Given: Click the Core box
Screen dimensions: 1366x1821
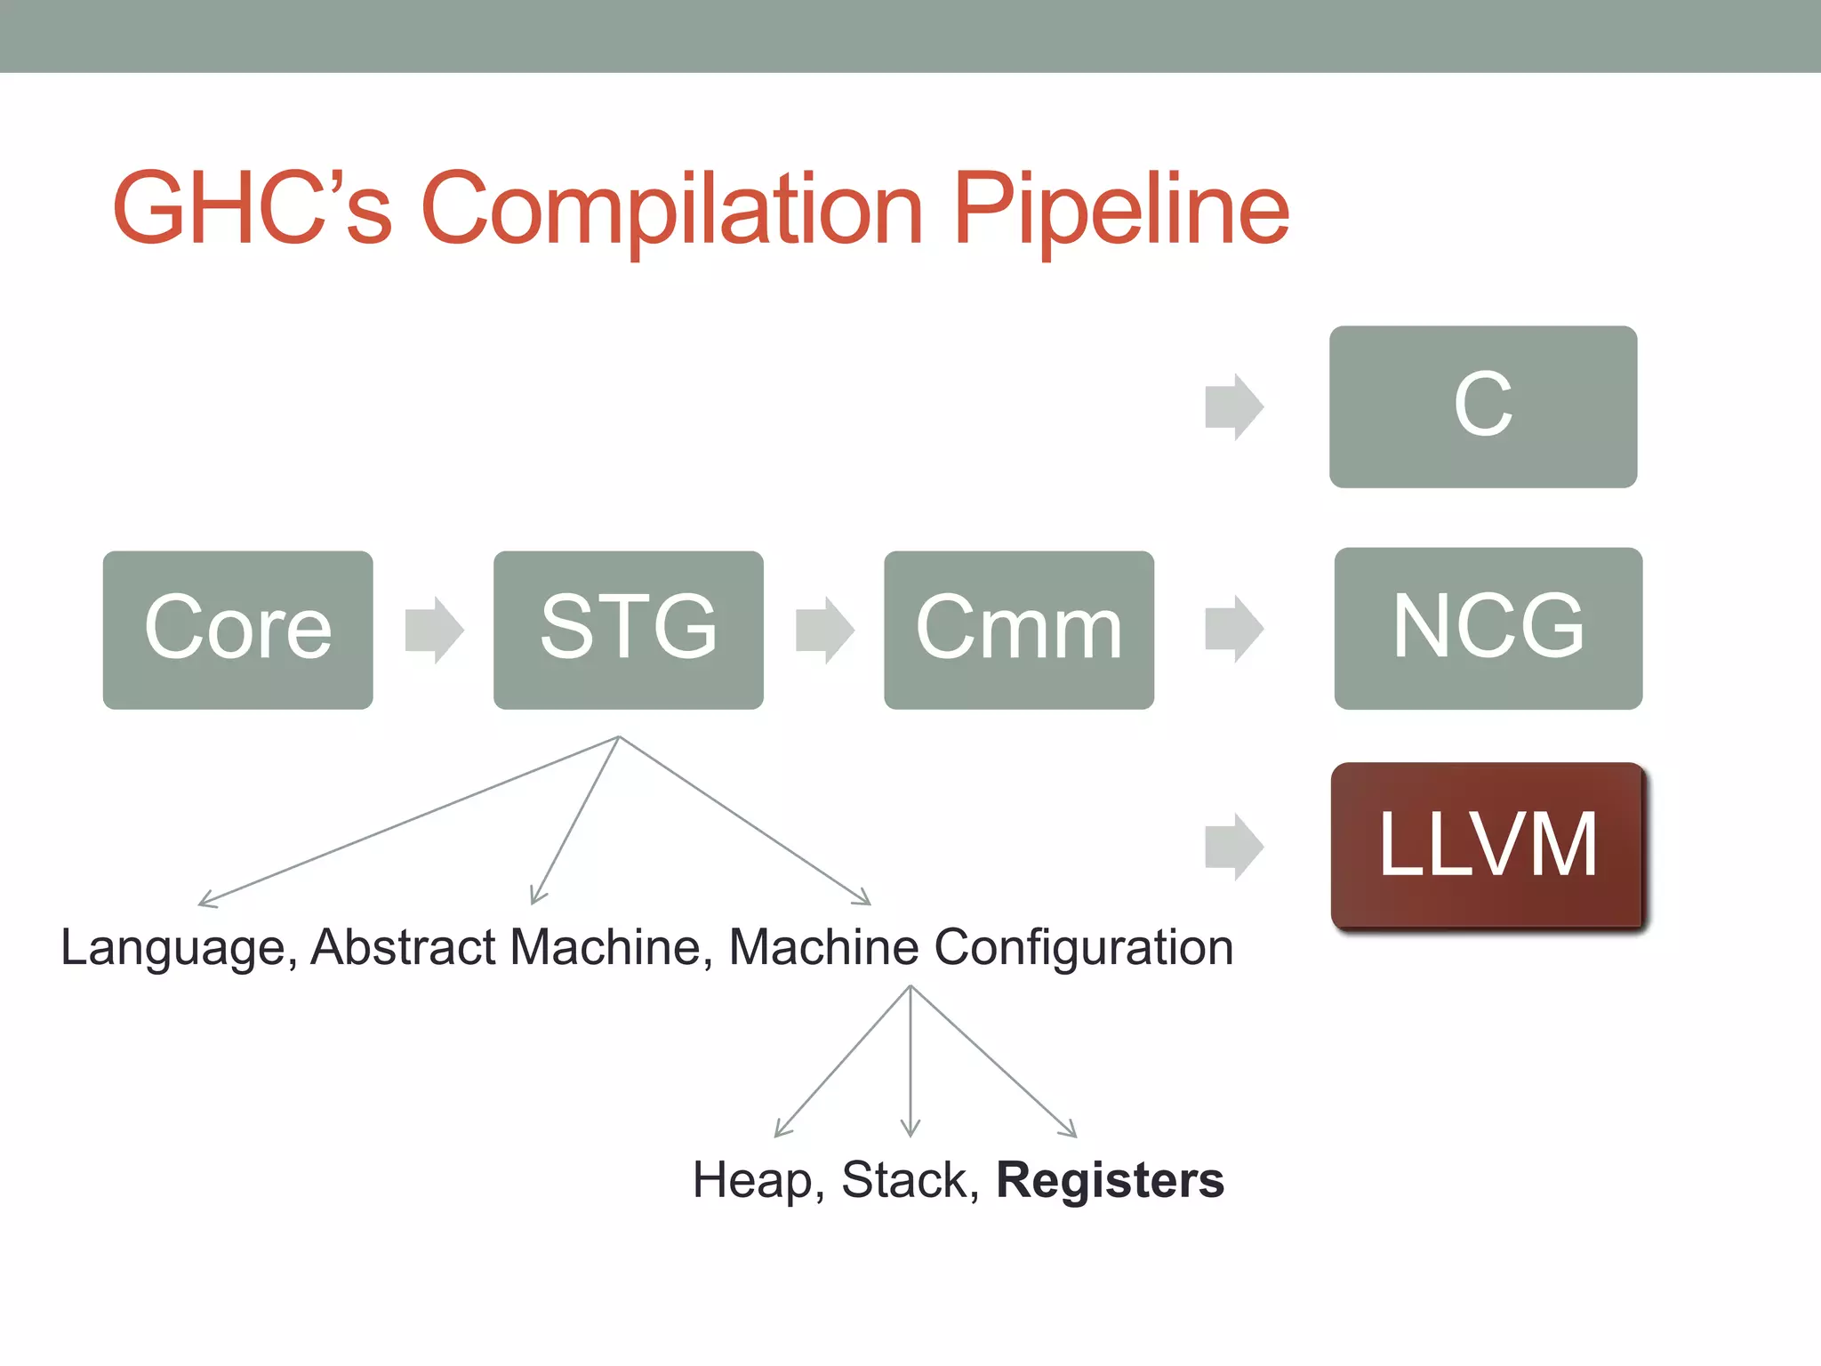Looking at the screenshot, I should tap(237, 630).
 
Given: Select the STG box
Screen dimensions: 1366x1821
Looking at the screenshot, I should tap(628, 630).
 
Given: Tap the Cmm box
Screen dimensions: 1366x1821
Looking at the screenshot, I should tap(1019, 630).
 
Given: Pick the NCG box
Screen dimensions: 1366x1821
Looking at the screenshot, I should tap(1488, 628).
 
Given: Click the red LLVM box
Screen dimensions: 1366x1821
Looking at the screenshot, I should tap(1488, 845).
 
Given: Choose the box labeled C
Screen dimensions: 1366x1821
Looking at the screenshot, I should tap(1482, 406).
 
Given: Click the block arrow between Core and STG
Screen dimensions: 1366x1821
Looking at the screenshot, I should tap(434, 630).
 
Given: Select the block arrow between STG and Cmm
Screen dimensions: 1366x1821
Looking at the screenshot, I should tap(824, 630).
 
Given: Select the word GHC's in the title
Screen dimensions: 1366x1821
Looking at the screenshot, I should tap(253, 207).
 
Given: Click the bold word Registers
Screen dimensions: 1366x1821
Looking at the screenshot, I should tap(1110, 1180).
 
